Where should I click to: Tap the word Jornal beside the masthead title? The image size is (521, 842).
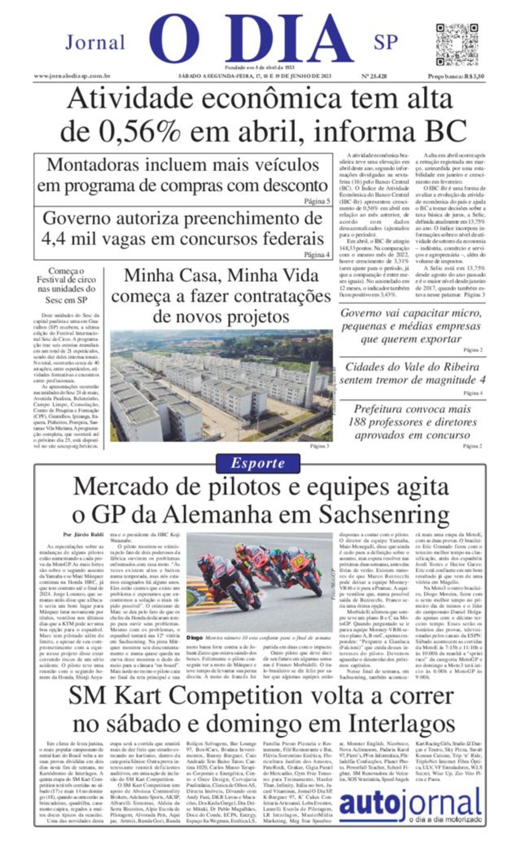95,42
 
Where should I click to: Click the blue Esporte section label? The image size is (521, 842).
257,463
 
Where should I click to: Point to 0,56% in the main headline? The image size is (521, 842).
139,132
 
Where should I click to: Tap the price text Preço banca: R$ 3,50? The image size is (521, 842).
455,76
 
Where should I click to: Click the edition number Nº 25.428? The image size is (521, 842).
373,76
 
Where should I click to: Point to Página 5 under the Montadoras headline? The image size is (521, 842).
316,201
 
